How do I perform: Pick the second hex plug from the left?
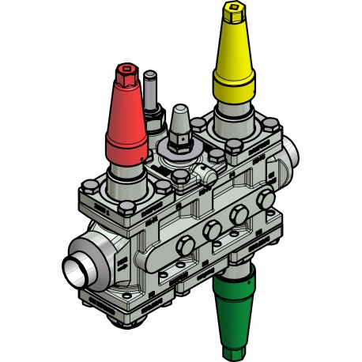pos(211,232)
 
